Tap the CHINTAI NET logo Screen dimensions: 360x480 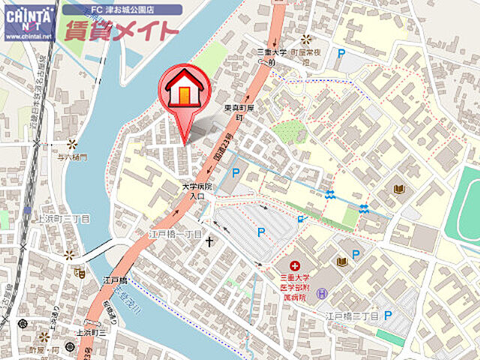click(29, 22)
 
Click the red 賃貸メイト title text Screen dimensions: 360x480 click(121, 31)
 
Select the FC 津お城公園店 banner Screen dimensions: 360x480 click(121, 10)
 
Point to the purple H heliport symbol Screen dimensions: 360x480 click(322, 293)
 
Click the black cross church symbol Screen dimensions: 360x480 click(210, 241)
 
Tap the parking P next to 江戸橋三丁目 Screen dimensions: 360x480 click(388, 316)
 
